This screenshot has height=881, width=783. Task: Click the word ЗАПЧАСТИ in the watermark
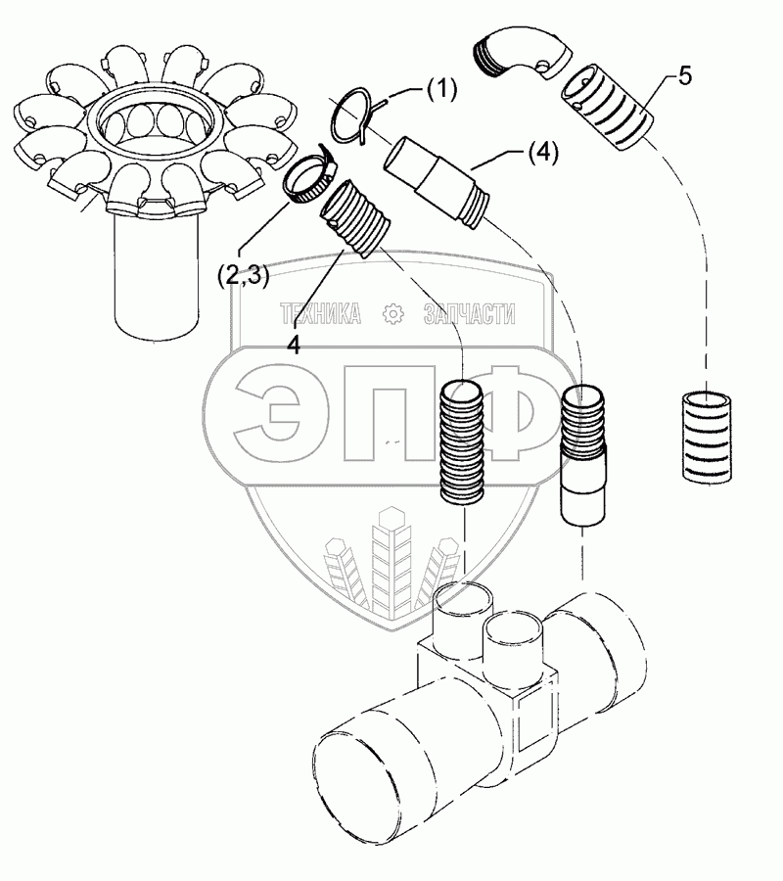point(470,313)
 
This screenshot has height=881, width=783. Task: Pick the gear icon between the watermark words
point(394,313)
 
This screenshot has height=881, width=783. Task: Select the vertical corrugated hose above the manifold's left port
point(461,442)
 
